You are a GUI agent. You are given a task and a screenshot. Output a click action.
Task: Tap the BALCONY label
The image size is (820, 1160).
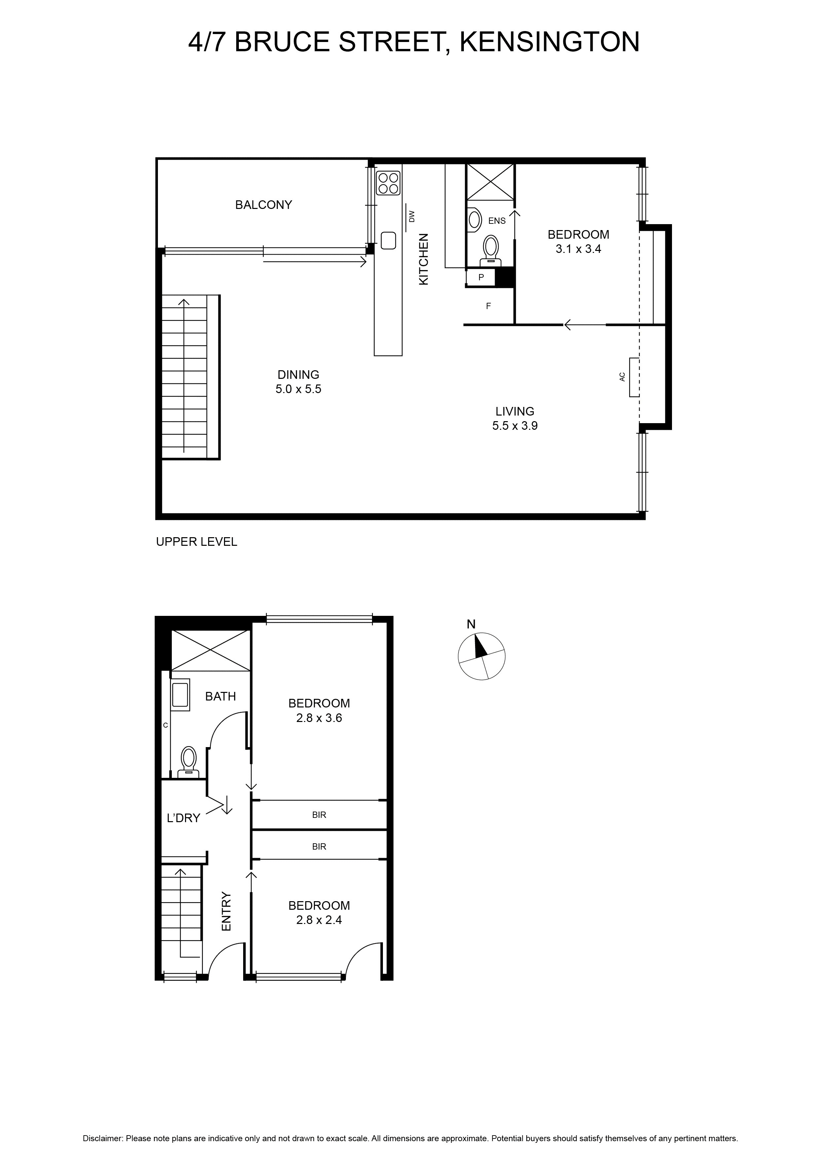pyautogui.click(x=264, y=205)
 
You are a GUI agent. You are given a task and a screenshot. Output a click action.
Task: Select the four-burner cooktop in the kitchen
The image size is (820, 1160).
pyautogui.click(x=388, y=183)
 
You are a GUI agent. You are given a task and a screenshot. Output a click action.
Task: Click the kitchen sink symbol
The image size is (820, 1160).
pyautogui.click(x=388, y=240)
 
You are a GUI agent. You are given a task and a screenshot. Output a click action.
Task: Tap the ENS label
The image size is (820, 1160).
pyautogui.click(x=497, y=221)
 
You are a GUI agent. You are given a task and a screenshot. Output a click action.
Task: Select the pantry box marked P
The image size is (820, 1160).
pyautogui.click(x=481, y=277)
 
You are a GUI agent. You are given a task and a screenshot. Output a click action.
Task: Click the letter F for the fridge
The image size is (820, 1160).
pyautogui.click(x=488, y=306)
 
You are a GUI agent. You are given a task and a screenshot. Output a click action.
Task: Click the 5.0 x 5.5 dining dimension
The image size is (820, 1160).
pyautogui.click(x=298, y=389)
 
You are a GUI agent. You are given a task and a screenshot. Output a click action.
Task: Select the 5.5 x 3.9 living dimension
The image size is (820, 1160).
pyautogui.click(x=515, y=425)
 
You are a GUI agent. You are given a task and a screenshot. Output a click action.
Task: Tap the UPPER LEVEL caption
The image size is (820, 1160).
pyautogui.click(x=197, y=541)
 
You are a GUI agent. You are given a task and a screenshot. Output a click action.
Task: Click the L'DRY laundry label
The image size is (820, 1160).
pyautogui.click(x=184, y=818)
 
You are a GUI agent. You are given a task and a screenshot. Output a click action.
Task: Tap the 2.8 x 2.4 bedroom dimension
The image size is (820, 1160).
pyautogui.click(x=319, y=920)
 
